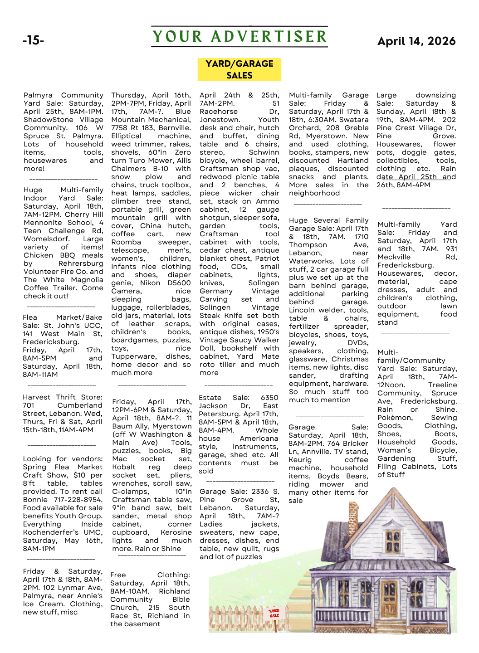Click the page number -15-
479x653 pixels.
click(x=33, y=40)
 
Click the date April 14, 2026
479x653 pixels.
click(x=416, y=41)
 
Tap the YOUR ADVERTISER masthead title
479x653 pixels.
click(x=239, y=37)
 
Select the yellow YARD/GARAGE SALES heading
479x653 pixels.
click(x=239, y=69)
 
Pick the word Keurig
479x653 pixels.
click(x=300, y=460)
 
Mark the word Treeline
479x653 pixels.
click(x=442, y=385)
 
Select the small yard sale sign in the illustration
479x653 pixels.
click(x=274, y=613)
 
